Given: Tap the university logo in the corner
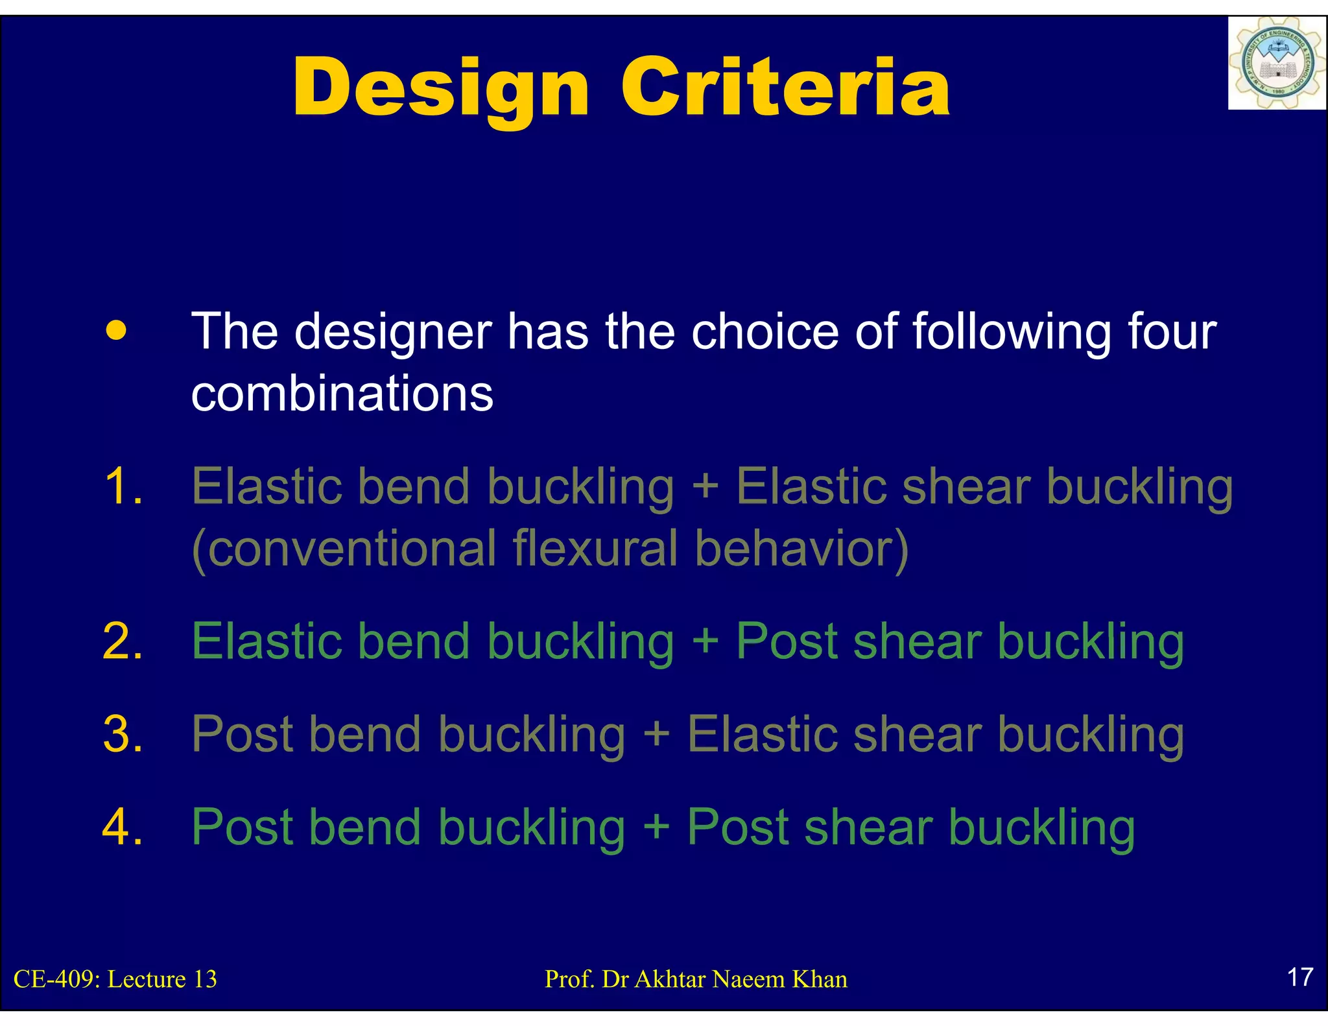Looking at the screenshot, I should point(1276,64).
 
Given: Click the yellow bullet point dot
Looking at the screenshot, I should point(116,330).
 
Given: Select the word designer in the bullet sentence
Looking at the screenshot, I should point(392,332).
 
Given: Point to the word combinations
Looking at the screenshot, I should point(342,394).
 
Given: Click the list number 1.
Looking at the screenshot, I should point(122,486).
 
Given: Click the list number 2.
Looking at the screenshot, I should point(122,641).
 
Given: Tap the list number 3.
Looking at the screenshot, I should point(122,734).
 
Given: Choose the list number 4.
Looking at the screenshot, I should point(122,828).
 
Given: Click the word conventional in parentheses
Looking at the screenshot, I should point(344,549).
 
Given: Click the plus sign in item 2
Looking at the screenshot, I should point(705,641).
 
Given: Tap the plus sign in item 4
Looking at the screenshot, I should point(656,828).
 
